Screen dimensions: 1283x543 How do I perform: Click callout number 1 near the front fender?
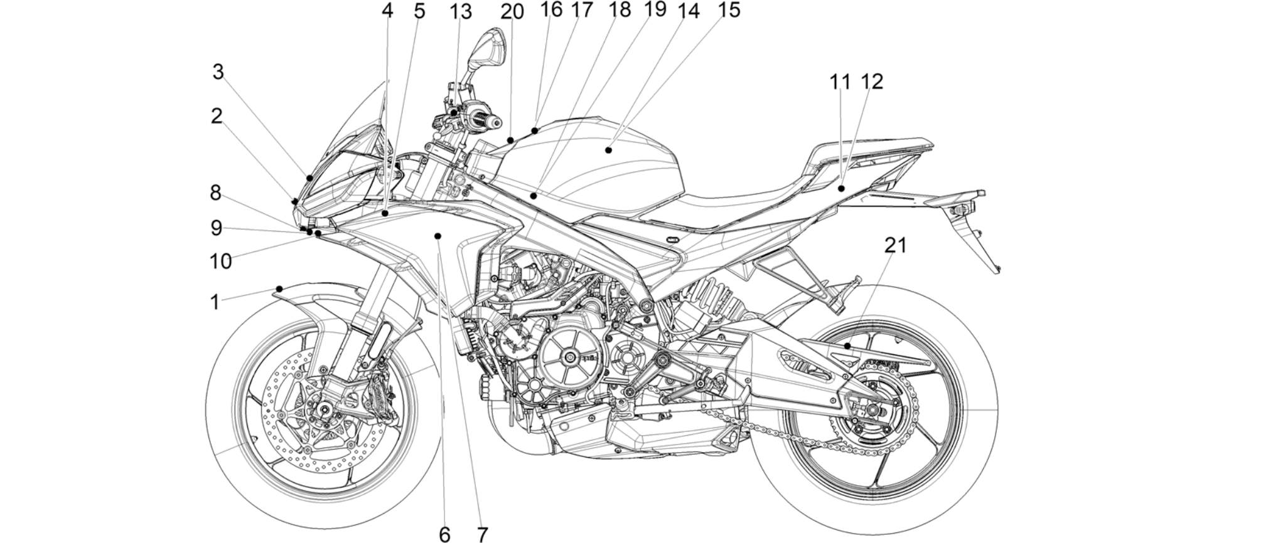pyautogui.click(x=215, y=302)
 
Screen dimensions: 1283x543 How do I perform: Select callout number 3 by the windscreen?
pyautogui.click(x=218, y=72)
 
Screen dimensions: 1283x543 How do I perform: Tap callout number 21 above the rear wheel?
pyautogui.click(x=896, y=245)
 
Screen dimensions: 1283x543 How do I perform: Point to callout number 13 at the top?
pyautogui.click(x=460, y=11)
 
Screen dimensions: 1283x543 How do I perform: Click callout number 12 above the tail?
pyautogui.click(x=872, y=81)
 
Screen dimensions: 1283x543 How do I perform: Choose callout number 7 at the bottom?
pyautogui.click(x=482, y=534)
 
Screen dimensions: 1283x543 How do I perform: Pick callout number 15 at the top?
pyautogui.click(x=729, y=10)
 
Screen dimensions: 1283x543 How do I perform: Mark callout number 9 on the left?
pyautogui.click(x=216, y=228)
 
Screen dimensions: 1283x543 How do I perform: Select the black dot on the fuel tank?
pyautogui.click(x=608, y=150)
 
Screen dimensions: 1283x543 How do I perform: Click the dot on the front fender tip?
pyautogui.click(x=280, y=288)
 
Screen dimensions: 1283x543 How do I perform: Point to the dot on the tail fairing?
pyautogui.click(x=841, y=187)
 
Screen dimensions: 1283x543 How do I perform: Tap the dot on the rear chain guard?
pyautogui.click(x=847, y=346)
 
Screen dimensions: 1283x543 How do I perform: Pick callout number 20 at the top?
pyautogui.click(x=512, y=11)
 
